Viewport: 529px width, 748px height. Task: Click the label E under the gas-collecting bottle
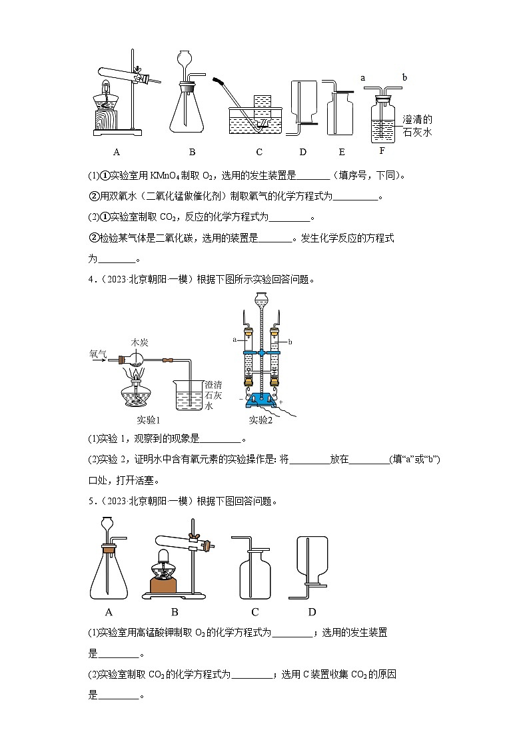coord(342,152)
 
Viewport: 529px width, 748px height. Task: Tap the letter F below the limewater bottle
coord(382,151)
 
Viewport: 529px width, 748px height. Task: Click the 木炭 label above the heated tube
coord(139,342)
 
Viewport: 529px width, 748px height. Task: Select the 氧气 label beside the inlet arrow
coord(97,354)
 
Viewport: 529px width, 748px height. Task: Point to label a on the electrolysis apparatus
coord(235,339)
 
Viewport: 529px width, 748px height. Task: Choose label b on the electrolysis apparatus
coord(290,342)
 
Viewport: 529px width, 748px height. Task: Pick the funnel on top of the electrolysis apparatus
coord(262,303)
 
